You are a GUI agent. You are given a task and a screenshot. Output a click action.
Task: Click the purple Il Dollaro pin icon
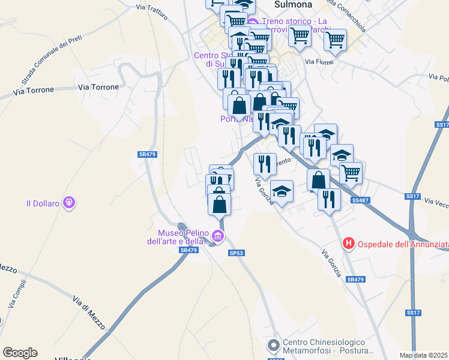69,203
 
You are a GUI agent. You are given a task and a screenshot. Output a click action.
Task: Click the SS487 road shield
360,200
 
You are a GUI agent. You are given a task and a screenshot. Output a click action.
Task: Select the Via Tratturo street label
152,11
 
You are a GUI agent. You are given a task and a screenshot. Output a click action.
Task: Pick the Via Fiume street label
318,62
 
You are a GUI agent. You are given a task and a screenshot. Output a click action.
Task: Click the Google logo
20,353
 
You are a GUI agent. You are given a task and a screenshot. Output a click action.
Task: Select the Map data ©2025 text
424,355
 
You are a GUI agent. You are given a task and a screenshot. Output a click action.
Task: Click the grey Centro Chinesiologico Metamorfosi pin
274,346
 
